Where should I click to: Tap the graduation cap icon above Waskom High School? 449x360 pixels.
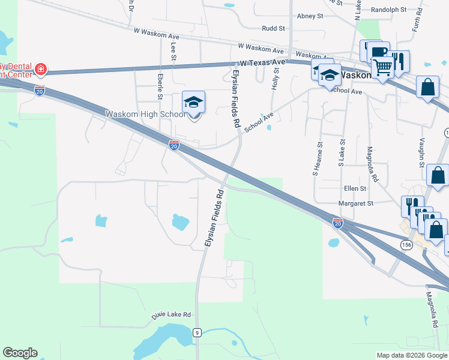(x=194, y=103)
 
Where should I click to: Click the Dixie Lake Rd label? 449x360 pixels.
(x=170, y=314)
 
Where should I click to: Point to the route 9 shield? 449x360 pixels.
(x=196, y=332)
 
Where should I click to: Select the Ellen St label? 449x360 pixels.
(x=355, y=188)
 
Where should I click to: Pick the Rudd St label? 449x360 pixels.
(x=273, y=28)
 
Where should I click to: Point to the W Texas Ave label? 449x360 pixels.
(x=262, y=62)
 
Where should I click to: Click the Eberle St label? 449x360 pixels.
(x=160, y=87)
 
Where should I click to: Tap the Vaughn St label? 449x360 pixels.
(x=422, y=152)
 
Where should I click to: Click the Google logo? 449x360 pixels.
(x=20, y=353)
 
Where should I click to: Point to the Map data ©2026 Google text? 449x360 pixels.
(x=412, y=355)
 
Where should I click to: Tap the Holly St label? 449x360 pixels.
(x=277, y=78)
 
